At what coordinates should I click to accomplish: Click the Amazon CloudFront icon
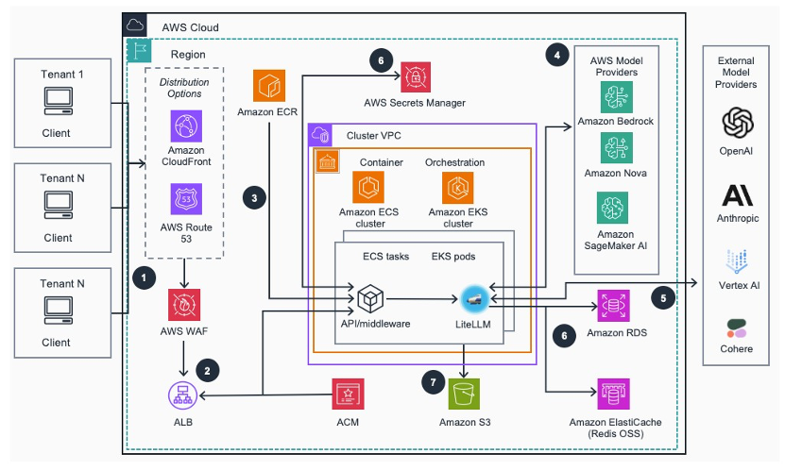tap(186, 126)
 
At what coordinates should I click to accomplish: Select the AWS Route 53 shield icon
tap(186, 199)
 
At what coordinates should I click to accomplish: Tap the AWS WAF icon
tap(184, 305)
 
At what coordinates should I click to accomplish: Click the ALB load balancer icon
tap(182, 395)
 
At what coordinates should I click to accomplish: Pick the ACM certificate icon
tap(348, 394)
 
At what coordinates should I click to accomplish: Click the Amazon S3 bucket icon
tap(464, 394)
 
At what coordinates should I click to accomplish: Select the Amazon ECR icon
tap(269, 86)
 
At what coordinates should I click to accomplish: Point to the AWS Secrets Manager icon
tap(416, 77)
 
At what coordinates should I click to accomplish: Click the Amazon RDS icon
tap(613, 306)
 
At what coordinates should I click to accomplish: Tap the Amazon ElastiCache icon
tap(613, 394)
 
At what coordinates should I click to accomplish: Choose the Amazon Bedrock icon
tap(616, 97)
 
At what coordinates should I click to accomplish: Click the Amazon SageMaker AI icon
tap(613, 208)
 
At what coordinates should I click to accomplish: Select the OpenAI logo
tap(738, 123)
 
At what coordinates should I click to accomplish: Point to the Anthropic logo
tap(737, 195)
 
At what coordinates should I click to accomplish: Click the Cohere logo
tap(737, 328)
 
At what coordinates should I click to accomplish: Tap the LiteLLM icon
tap(474, 299)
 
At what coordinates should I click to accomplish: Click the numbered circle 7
tap(434, 383)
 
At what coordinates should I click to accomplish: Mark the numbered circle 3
tap(254, 198)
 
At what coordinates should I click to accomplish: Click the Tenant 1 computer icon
tap(59, 101)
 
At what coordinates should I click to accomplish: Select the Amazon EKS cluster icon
tap(457, 188)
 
